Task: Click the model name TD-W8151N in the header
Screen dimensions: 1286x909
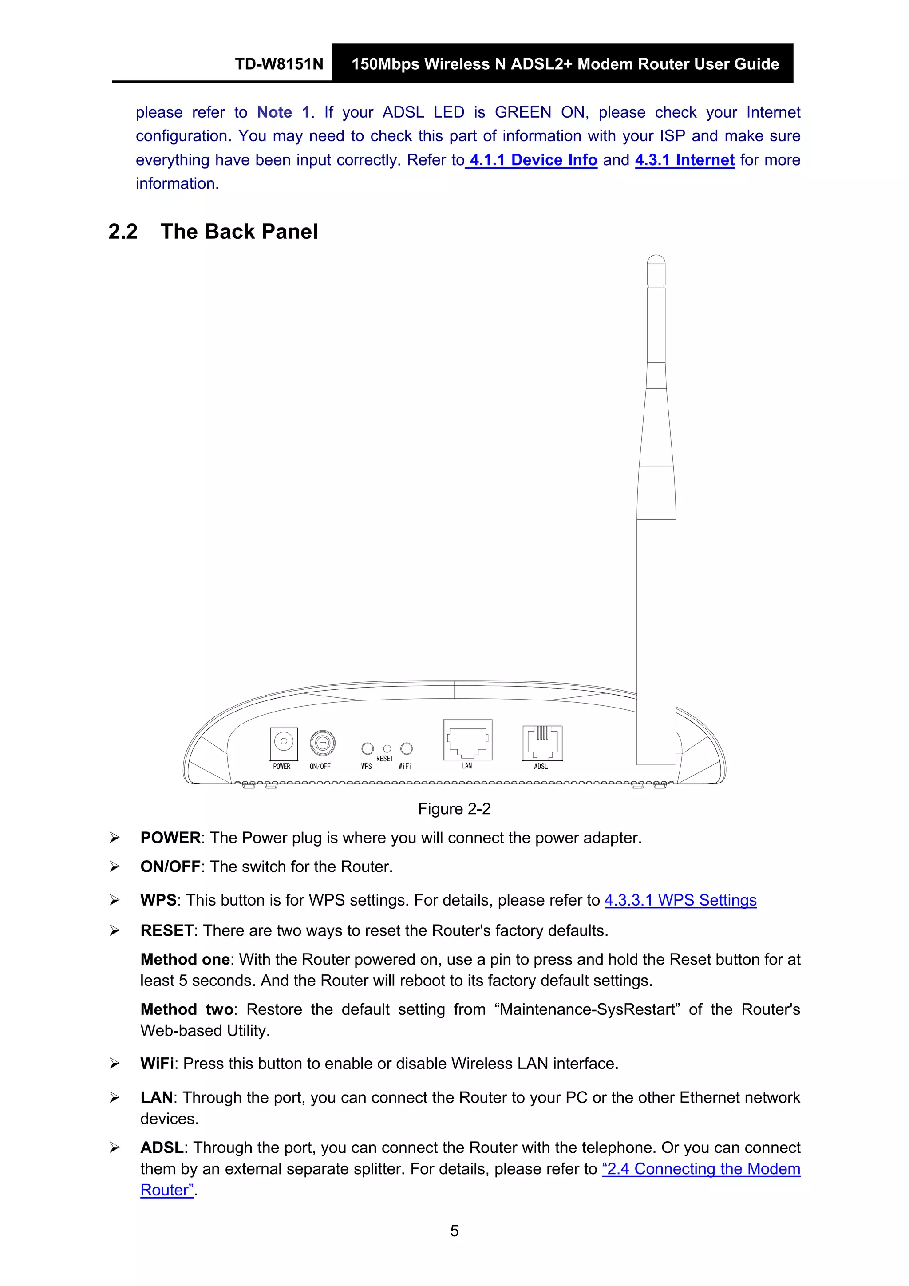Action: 279,64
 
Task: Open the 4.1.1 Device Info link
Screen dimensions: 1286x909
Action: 533,160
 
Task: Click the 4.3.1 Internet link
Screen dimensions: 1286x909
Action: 684,160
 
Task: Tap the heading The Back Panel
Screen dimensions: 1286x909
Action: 239,231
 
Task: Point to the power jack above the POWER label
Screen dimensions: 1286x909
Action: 284,742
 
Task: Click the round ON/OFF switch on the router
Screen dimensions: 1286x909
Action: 322,743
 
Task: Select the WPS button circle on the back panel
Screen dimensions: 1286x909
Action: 368,749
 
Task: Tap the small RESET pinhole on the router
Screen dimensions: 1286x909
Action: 387,749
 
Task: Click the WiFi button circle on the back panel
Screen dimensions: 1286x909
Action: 407,749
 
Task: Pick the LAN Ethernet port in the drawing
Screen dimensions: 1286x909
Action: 467,740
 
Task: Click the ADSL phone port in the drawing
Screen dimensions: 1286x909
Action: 541,743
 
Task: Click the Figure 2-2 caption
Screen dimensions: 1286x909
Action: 454,809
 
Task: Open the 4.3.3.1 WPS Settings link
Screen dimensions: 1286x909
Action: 680,900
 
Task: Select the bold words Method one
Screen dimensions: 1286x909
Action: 185,959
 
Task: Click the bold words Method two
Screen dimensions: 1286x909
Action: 186,1009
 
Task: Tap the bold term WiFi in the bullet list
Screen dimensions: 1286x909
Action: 157,1064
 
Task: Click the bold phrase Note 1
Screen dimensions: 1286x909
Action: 283,113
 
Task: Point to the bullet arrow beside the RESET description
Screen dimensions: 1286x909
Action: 115,931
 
